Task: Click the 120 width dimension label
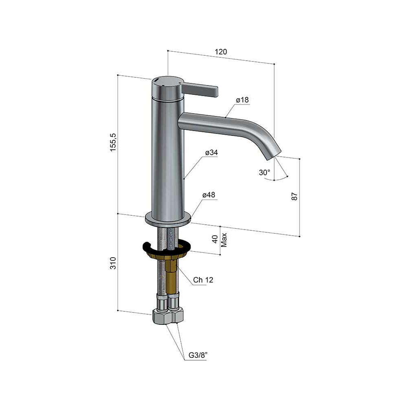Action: (221, 52)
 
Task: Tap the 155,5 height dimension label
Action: (114, 142)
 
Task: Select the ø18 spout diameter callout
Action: (242, 100)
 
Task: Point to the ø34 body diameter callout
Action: (212, 152)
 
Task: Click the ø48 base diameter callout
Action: (209, 195)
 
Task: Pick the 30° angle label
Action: (265, 172)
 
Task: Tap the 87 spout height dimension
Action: (294, 196)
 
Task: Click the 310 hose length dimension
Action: (113, 263)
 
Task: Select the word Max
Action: (224, 240)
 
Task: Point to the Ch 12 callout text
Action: (203, 280)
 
